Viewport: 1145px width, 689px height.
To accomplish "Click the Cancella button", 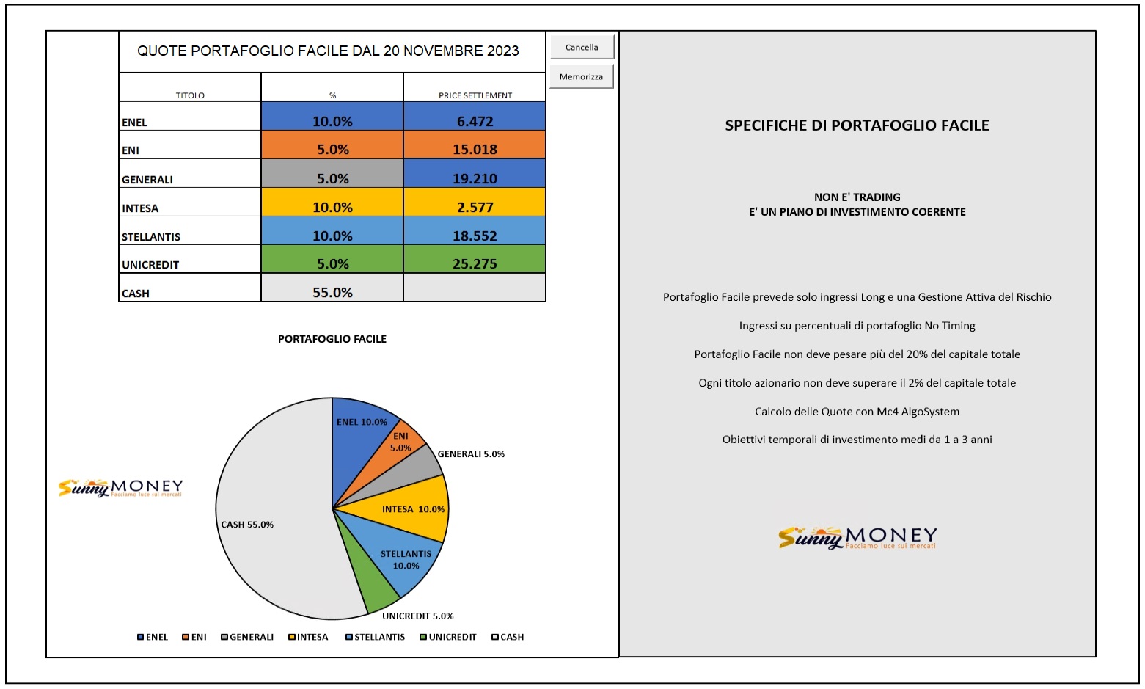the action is pyautogui.click(x=582, y=47).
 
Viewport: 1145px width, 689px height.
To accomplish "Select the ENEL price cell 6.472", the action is pyautogui.click(x=475, y=116).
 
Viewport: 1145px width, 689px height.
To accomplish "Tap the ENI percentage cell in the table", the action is pyautogui.click(x=332, y=145).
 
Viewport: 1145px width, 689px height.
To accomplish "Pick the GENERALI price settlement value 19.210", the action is pyautogui.click(x=475, y=173).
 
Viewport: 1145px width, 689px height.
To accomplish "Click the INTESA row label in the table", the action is pyautogui.click(x=140, y=208).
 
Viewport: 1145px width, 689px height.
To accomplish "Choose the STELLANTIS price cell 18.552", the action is pyautogui.click(x=475, y=230).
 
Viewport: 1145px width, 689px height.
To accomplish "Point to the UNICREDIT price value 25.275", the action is pyautogui.click(x=475, y=264).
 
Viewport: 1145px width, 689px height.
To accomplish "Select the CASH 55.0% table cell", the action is pyautogui.click(x=332, y=288).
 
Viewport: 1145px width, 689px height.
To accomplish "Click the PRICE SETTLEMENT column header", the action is pyautogui.click(x=475, y=95).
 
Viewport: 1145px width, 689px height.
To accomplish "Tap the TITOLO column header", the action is pyautogui.click(x=190, y=95).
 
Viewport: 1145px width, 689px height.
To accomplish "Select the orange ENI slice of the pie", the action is pyautogui.click(x=394, y=450).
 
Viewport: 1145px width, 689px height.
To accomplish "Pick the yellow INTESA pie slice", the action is pyautogui.click(x=409, y=509).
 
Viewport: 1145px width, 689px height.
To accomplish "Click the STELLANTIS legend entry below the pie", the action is pyautogui.click(x=376, y=637).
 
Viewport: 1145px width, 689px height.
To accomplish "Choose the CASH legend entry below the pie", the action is pyautogui.click(x=508, y=637).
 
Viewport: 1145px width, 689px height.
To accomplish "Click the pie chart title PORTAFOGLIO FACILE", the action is pyautogui.click(x=332, y=338).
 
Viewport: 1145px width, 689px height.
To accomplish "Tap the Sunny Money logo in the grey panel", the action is pyautogui.click(x=857, y=538).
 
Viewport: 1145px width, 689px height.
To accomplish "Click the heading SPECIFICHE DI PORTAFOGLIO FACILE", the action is pyautogui.click(x=857, y=125).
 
